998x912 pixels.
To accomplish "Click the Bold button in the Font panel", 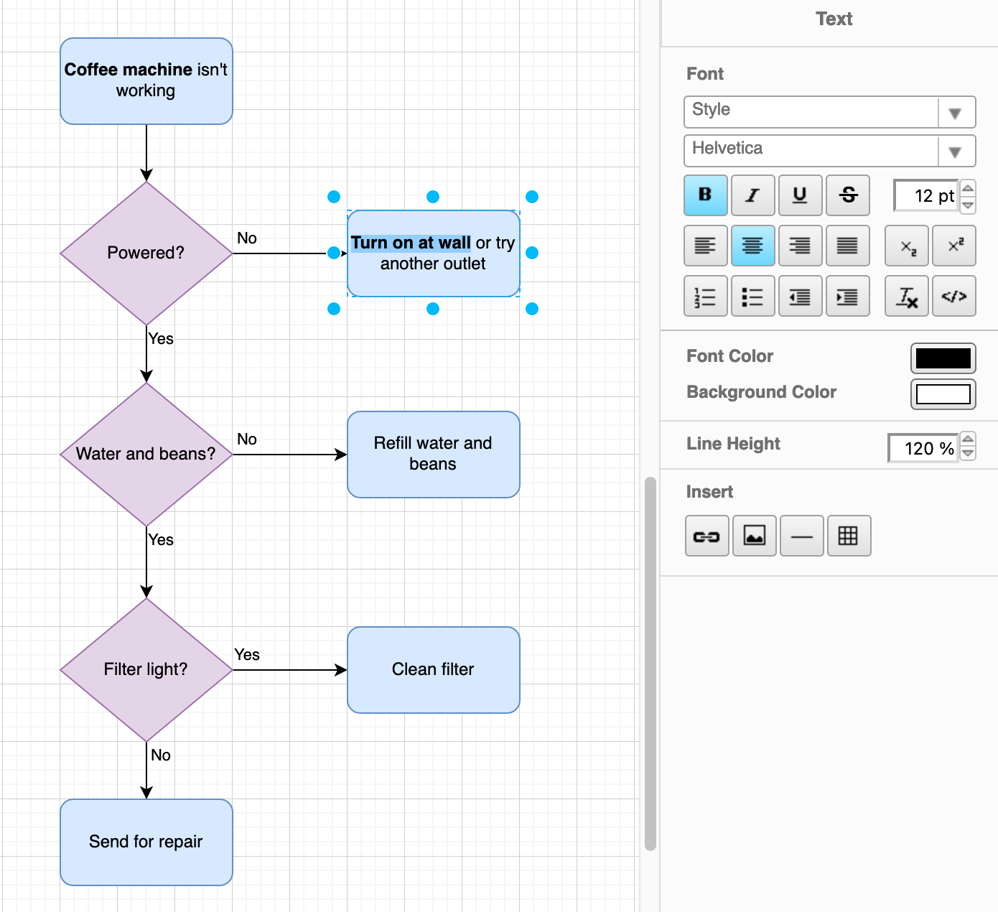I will coord(705,195).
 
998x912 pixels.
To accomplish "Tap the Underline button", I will coord(800,195).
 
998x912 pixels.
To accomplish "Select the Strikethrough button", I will coord(848,195).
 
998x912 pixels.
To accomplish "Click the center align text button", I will coord(752,246).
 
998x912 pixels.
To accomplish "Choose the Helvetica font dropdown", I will coord(829,151).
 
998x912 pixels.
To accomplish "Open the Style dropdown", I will coord(829,112).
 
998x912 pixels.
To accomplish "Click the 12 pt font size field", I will coord(926,196).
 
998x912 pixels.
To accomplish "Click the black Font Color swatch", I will coord(943,358).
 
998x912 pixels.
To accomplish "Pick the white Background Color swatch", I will coord(943,394).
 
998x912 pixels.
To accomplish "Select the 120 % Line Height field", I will coord(923,449).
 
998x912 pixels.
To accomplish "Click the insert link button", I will coord(706,536).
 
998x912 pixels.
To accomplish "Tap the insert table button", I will coord(849,536).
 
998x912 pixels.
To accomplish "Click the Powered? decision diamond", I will coord(146,253).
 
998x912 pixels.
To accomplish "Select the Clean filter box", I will coord(433,669).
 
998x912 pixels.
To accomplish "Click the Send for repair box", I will coord(146,842).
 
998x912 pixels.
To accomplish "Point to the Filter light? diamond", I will coord(146,669).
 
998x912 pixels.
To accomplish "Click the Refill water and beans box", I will coord(433,454).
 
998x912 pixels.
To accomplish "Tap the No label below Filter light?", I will coord(161,755).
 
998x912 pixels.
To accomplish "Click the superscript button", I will coord(954,246).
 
